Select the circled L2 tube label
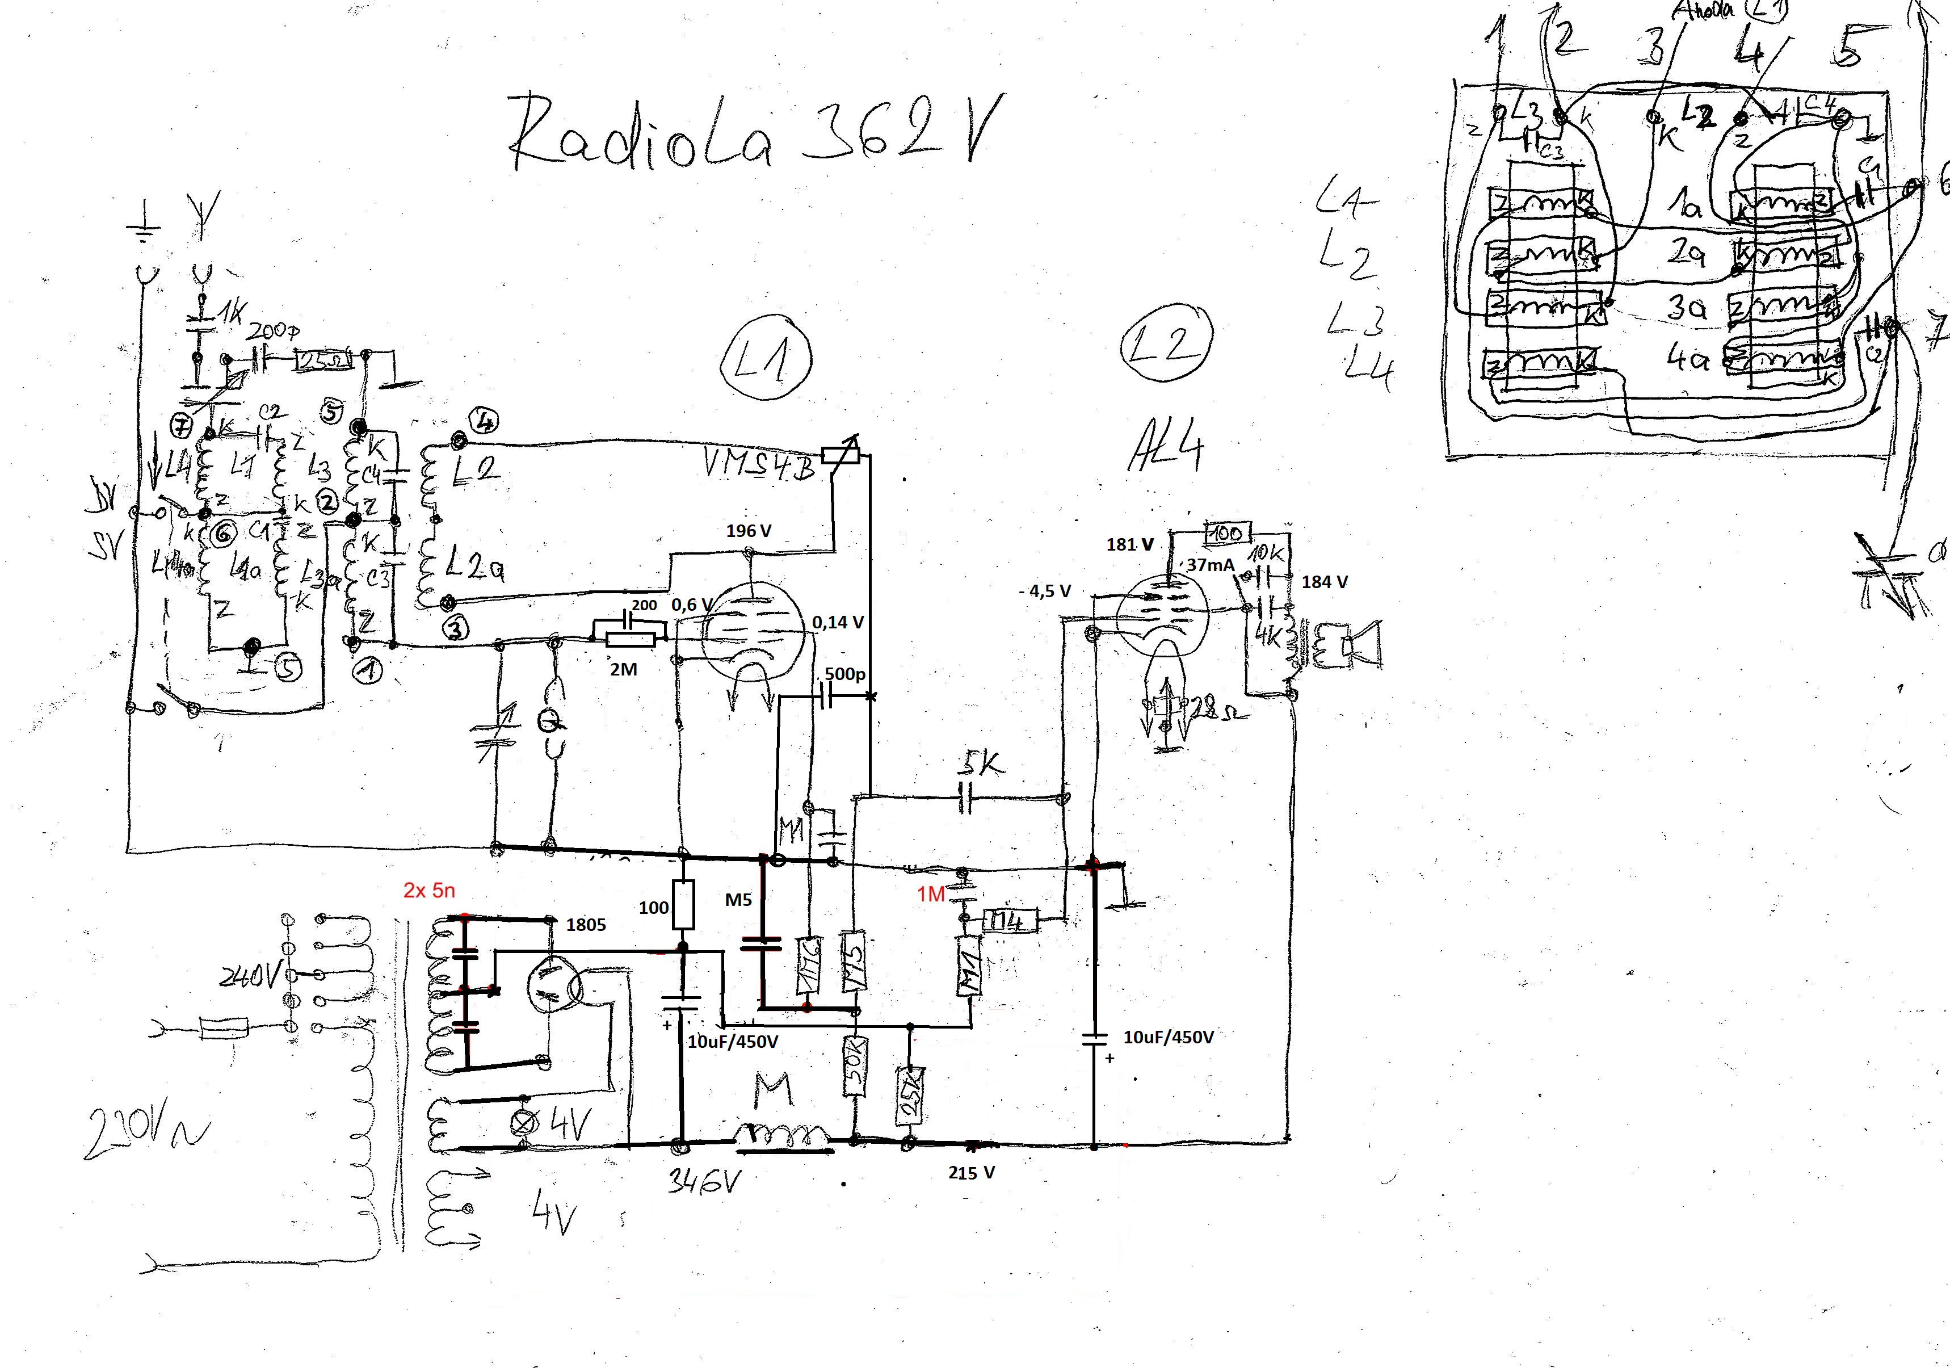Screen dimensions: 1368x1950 tap(1166, 349)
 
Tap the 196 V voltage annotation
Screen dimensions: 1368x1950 tap(748, 531)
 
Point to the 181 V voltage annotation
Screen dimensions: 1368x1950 tap(1129, 545)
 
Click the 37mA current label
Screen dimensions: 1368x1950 tap(1211, 565)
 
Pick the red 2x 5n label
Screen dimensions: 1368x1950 tap(429, 891)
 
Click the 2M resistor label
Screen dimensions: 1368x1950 tap(623, 670)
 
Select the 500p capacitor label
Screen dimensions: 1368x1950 tap(845, 674)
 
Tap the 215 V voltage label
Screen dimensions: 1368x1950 tap(972, 1173)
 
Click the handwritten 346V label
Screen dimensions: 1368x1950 tap(701, 1181)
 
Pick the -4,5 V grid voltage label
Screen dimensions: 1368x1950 tap(1045, 590)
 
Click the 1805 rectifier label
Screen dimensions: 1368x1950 tap(586, 925)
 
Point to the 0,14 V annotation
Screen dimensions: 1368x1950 tap(838, 622)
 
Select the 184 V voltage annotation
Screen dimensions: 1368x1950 tap(1324, 582)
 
